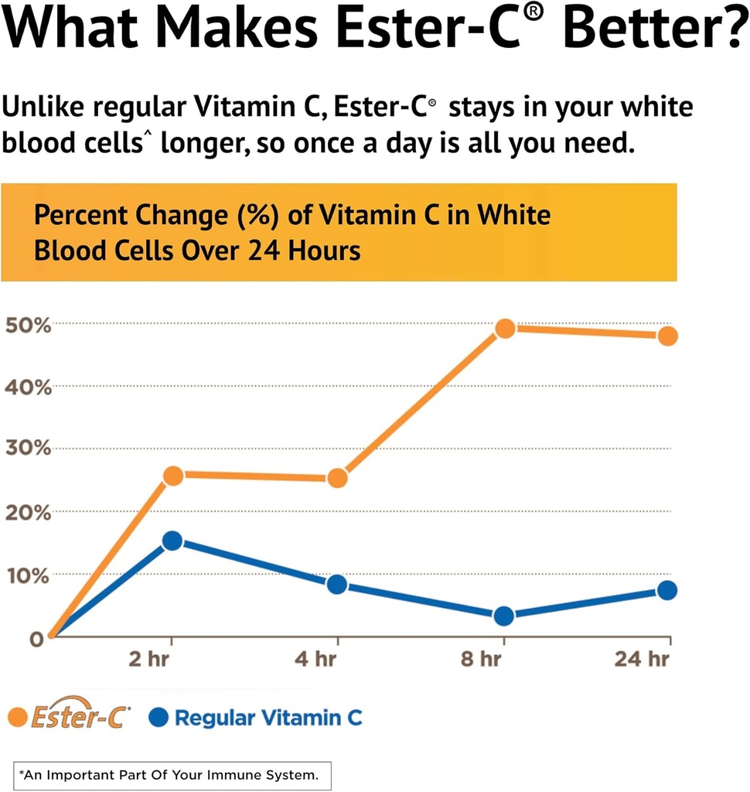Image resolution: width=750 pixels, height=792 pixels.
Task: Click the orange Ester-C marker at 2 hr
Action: (173, 475)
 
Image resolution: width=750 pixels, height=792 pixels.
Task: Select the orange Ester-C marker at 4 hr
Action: (337, 478)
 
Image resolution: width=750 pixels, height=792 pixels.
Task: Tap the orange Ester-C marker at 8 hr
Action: (504, 328)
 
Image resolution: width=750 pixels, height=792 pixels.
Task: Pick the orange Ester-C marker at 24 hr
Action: (667, 336)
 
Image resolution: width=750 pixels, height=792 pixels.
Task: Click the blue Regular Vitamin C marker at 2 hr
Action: (172, 541)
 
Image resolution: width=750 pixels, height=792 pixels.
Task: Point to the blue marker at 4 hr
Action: (337, 584)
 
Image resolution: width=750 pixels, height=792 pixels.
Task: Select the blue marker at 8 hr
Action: (504, 616)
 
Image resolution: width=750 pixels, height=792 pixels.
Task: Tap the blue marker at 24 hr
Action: (667, 590)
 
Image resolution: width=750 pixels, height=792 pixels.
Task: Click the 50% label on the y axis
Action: (29, 325)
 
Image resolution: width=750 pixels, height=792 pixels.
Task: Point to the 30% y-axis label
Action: (29, 449)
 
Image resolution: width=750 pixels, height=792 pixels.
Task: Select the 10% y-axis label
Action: (29, 576)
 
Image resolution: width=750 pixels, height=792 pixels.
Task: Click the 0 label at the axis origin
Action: (36, 640)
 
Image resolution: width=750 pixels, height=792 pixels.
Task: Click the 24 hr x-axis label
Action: (642, 660)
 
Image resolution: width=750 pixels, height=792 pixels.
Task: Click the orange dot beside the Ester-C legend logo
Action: (17, 717)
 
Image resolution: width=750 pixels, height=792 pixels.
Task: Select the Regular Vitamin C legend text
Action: (268, 718)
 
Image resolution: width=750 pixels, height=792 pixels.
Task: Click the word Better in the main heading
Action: (649, 29)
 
